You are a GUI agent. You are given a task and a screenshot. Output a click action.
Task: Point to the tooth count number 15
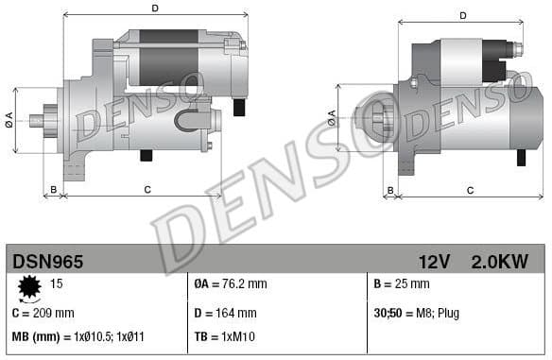pyautogui.click(x=56, y=283)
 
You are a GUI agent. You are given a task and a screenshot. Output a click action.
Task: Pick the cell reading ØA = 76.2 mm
pyautogui.click(x=231, y=283)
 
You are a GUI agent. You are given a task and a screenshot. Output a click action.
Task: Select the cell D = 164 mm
pyautogui.click(x=224, y=313)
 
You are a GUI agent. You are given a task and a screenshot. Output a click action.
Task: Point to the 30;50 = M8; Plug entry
pyautogui.click(x=416, y=313)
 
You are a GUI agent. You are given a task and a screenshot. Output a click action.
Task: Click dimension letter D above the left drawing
pyautogui.click(x=154, y=9)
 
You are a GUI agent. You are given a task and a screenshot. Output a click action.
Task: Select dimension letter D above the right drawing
pyautogui.click(x=463, y=15)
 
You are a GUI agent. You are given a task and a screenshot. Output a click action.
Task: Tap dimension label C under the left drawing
pyautogui.click(x=147, y=190)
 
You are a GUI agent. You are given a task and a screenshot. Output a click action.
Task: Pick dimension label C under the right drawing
pyautogui.click(x=470, y=190)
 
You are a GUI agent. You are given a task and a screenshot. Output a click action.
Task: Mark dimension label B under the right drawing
pyautogui.click(x=388, y=190)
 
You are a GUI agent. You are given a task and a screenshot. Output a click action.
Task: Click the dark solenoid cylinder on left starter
pyautogui.click(x=167, y=57)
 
